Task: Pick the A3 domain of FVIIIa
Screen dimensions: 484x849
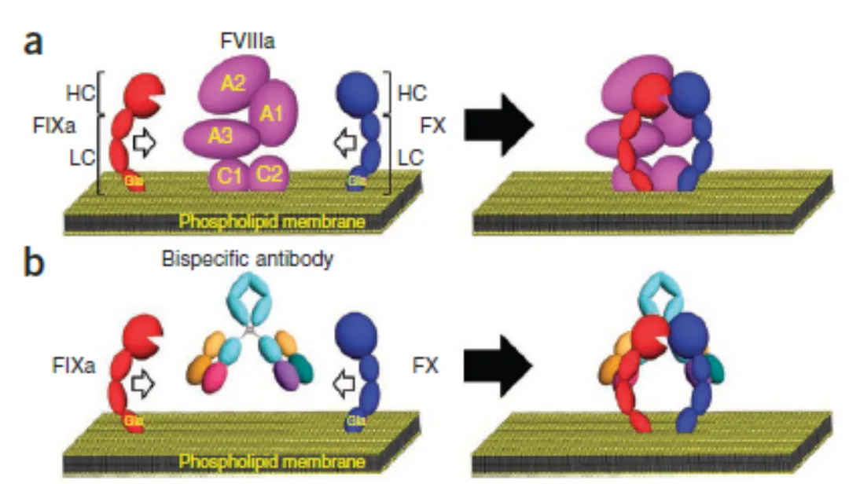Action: point(221,138)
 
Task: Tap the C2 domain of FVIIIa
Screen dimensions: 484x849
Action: point(269,174)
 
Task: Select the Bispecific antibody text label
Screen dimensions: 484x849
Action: point(247,260)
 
